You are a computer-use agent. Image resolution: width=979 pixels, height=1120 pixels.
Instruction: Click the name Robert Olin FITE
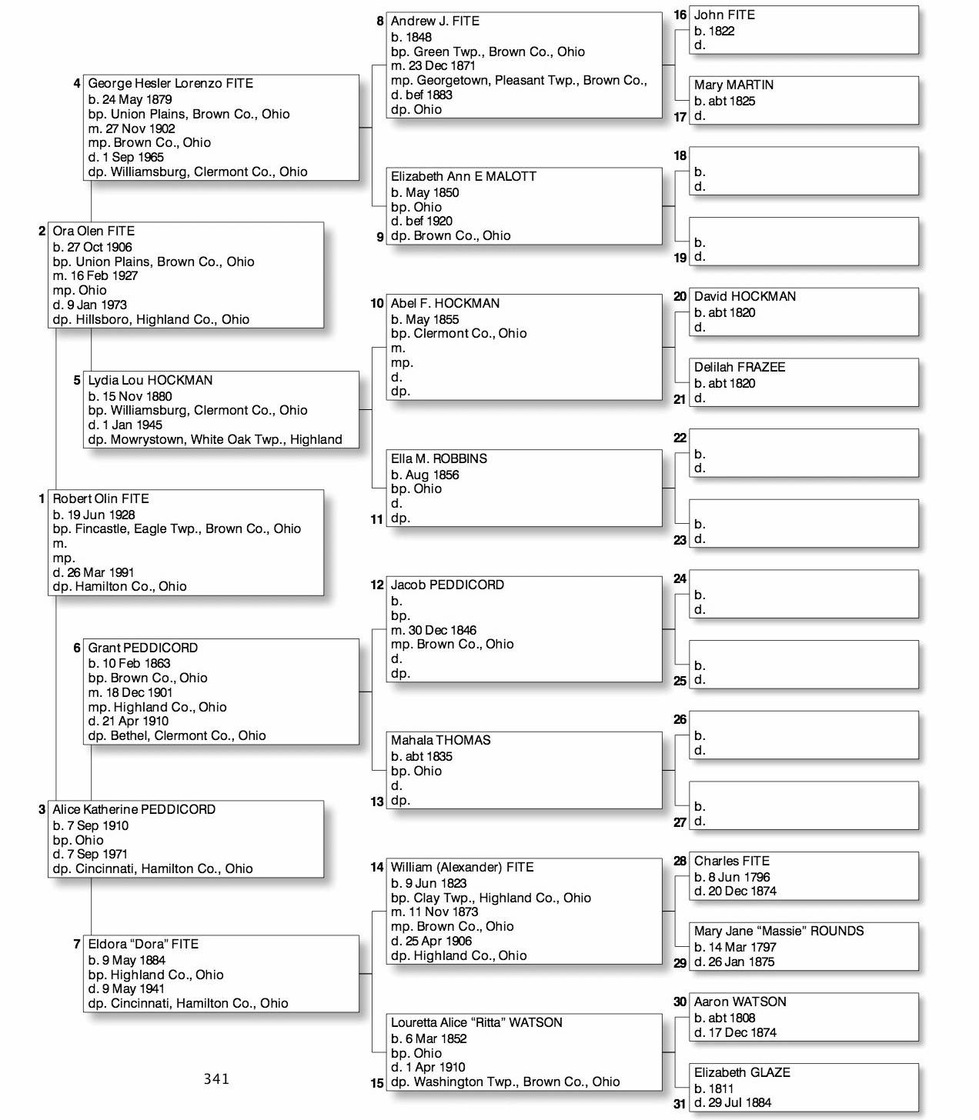101,498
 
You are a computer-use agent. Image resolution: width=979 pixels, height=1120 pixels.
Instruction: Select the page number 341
216,1078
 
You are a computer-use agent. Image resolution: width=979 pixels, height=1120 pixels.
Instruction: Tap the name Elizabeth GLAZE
742,1072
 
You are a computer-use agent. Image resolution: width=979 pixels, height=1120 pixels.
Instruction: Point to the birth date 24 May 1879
136,99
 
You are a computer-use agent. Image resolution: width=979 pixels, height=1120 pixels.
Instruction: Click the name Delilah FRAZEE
740,367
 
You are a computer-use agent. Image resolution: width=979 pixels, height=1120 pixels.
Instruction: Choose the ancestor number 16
680,15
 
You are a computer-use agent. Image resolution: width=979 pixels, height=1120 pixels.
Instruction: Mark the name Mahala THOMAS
440,740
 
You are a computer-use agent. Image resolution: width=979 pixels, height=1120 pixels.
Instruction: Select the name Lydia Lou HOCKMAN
150,380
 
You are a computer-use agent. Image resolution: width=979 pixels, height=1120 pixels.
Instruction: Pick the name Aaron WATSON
740,1002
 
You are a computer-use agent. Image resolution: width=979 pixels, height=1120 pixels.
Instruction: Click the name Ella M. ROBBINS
439,458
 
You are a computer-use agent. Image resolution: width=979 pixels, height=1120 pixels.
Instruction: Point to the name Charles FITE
731,861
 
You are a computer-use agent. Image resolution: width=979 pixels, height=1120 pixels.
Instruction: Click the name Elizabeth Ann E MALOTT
463,176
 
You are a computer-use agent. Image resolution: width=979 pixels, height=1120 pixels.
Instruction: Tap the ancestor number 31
680,1104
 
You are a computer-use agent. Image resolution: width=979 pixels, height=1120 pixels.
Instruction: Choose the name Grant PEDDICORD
142,648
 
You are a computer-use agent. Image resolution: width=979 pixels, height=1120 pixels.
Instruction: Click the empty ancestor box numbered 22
804,454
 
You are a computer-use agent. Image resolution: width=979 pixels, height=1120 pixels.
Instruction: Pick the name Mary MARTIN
733,85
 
